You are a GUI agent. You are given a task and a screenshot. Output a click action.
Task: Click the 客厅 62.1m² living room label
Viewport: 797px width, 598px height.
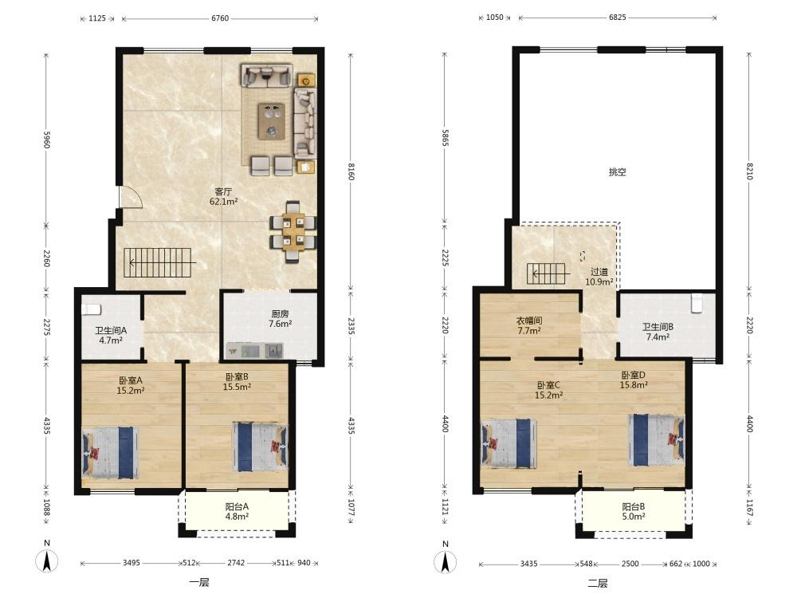click(223, 196)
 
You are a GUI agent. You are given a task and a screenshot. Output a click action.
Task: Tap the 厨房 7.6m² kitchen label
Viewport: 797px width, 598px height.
click(280, 319)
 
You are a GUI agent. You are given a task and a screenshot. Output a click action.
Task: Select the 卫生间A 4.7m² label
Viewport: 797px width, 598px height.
click(111, 336)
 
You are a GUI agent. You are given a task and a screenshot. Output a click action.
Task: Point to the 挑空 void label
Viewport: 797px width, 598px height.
click(617, 172)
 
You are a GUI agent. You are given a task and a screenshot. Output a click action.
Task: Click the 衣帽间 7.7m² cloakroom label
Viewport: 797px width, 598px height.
click(528, 325)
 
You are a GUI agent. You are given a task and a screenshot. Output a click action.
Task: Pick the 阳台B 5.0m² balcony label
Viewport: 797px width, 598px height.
click(634, 512)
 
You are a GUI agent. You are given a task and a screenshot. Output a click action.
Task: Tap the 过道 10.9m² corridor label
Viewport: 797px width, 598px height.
click(599, 277)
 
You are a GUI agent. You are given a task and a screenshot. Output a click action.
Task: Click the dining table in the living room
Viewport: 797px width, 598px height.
click(293, 232)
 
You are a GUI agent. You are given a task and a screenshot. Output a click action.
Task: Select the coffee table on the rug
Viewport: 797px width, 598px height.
click(272, 121)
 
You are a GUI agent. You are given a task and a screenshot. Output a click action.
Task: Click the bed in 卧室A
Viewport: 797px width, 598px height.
click(111, 453)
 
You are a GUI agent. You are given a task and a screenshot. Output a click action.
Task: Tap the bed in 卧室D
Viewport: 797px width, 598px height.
click(656, 440)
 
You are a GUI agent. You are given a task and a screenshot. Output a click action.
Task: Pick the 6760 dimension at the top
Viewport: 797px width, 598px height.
click(220, 18)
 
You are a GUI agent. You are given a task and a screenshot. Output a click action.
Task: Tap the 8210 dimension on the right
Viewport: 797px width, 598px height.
click(750, 171)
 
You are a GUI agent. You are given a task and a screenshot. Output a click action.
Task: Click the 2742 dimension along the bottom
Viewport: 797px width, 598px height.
click(236, 563)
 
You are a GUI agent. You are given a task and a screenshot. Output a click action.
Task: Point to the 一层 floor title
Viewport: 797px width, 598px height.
click(199, 583)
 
